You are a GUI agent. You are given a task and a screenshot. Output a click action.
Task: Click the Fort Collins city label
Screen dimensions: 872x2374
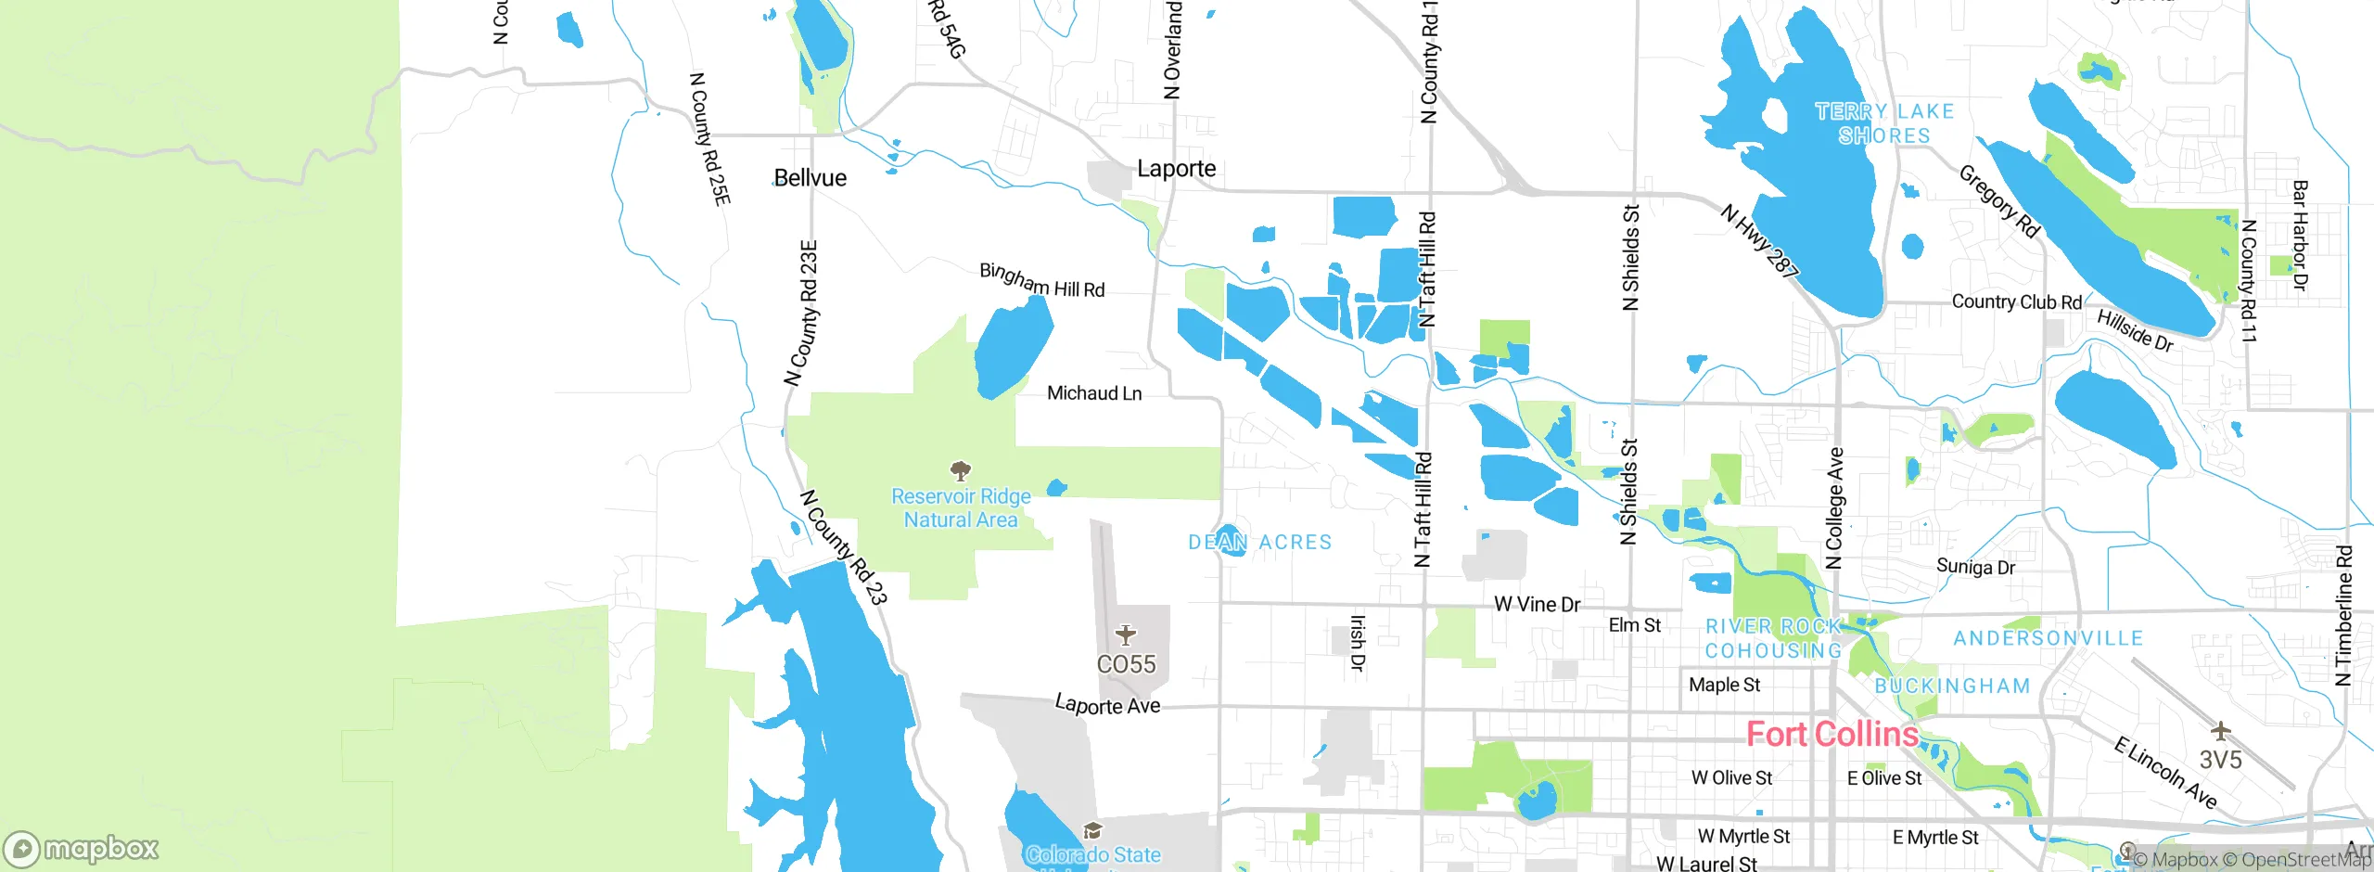point(1832,735)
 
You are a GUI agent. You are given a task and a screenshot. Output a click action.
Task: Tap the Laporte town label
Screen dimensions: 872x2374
point(1176,169)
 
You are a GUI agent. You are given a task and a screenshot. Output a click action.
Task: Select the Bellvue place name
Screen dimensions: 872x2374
point(810,178)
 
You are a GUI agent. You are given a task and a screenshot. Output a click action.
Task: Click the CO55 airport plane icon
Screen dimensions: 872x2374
point(1126,635)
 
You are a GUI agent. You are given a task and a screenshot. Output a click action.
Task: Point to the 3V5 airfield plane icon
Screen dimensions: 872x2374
point(2220,731)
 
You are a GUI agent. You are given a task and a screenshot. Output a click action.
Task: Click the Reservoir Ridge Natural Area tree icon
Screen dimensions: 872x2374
point(961,470)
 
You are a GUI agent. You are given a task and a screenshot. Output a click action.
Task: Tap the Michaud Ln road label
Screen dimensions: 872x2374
point(1094,393)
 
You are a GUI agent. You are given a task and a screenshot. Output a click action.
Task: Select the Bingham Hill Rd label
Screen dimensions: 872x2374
point(1042,281)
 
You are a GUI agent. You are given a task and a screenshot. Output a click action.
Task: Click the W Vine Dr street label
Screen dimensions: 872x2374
point(1537,605)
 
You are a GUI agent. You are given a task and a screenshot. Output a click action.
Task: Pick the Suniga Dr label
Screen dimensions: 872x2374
point(1975,567)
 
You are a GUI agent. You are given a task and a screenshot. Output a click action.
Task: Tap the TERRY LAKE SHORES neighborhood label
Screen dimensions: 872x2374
point(1884,123)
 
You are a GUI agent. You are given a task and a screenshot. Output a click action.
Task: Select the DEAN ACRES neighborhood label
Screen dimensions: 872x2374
point(1259,542)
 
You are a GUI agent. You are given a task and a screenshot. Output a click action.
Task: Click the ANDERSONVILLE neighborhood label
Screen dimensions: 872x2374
point(2048,638)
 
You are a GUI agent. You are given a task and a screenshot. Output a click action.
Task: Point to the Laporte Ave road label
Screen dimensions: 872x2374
point(1107,706)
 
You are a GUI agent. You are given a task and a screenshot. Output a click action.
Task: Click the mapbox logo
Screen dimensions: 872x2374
point(82,849)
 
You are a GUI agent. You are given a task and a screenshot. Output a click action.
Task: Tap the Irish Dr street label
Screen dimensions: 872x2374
point(1357,643)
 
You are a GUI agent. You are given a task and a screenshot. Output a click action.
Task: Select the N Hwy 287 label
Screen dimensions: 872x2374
point(1759,241)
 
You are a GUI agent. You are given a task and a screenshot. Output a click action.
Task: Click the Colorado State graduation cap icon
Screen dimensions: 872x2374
point(1092,830)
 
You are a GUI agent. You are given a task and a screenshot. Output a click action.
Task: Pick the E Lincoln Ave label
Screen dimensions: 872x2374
point(2164,773)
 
